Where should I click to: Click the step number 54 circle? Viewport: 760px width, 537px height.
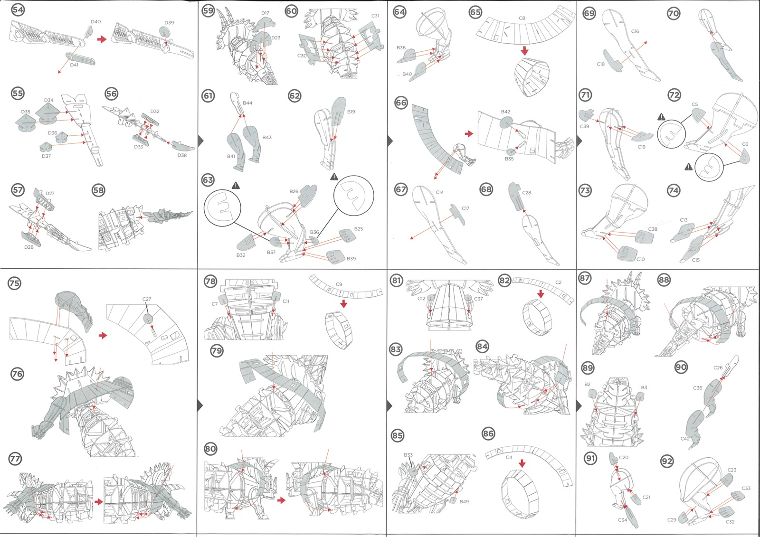[x=18, y=10]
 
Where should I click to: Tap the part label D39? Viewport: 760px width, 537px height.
[x=169, y=23]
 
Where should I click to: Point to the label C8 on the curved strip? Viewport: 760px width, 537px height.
[x=522, y=18]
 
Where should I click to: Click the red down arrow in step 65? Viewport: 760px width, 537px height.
[x=524, y=51]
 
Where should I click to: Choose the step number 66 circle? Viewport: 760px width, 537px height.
[x=401, y=103]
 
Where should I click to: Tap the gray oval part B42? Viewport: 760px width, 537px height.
[x=506, y=122]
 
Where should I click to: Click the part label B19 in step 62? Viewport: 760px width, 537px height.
[x=351, y=112]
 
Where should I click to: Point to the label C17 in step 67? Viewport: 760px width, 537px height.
[x=465, y=208]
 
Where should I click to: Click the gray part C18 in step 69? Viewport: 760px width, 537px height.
[x=613, y=61]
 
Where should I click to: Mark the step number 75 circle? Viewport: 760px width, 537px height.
[x=14, y=283]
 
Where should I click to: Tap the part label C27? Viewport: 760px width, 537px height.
[x=147, y=299]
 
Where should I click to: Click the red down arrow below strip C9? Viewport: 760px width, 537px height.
[x=343, y=303]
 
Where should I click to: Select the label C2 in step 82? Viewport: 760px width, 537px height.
[x=558, y=282]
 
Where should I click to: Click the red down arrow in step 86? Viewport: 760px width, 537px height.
[x=522, y=463]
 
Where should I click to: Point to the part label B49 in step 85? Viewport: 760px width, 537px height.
[x=464, y=501]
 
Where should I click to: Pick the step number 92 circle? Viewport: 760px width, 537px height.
[x=667, y=461]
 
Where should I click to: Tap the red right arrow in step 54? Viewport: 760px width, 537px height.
[x=102, y=39]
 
